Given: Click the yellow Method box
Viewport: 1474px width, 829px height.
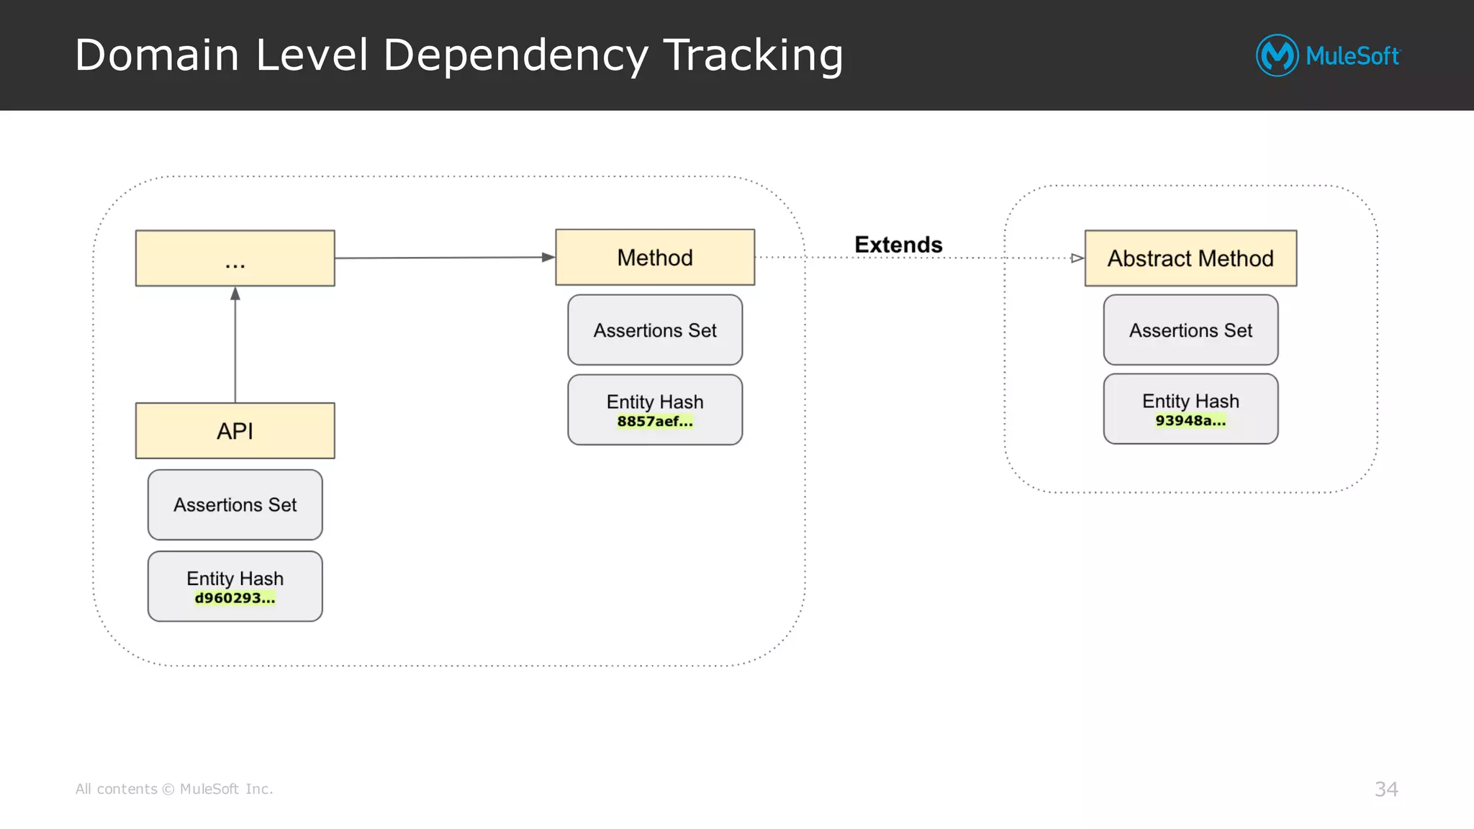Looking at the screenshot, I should pos(654,258).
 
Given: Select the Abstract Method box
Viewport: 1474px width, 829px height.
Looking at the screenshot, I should pos(1190,258).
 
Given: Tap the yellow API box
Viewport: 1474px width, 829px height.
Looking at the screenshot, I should pos(235,431).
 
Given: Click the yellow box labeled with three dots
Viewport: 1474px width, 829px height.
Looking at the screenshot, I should pos(235,258).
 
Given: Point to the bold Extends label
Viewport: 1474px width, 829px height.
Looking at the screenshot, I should pos(898,245).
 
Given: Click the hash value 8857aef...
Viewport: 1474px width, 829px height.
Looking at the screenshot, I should pos(654,422).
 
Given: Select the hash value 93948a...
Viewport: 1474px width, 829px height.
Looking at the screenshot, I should pos(1190,421).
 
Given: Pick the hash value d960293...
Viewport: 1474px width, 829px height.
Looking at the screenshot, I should pos(235,598).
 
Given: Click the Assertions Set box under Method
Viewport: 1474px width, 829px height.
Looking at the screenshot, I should pos(654,330).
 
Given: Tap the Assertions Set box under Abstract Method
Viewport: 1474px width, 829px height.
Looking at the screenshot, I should pos(1190,330).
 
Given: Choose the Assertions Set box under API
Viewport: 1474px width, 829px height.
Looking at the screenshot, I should pos(235,505).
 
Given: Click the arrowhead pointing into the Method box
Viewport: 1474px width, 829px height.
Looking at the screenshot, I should pos(548,257).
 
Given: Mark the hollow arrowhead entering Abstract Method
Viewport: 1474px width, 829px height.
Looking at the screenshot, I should pos(1077,258).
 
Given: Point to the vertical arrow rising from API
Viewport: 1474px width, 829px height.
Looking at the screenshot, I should pos(235,345).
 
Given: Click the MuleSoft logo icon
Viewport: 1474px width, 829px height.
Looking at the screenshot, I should pos(1277,55).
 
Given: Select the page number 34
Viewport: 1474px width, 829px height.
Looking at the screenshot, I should pos(1385,789).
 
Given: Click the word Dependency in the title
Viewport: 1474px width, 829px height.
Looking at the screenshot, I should pos(515,56).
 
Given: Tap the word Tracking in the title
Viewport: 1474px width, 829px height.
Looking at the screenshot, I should pos(753,56).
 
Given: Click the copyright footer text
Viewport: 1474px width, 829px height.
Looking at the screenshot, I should pos(174,789).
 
